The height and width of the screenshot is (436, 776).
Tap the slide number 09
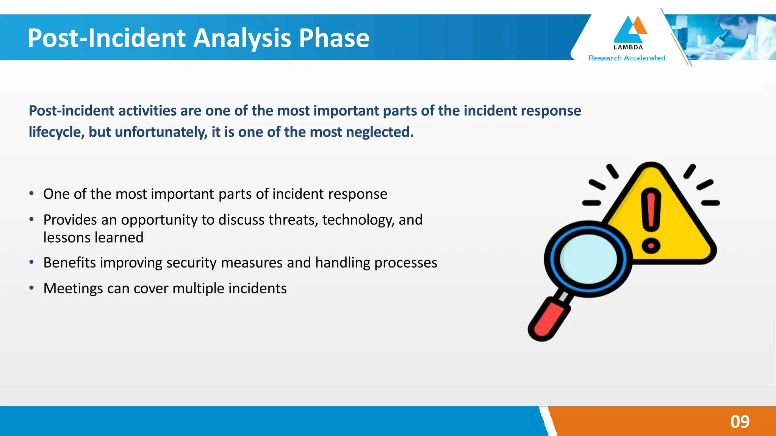[x=740, y=422]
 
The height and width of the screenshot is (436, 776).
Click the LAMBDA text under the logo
[x=628, y=47]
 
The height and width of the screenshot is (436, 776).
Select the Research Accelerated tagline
[x=626, y=58]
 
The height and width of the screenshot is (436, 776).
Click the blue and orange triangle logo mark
[x=629, y=30]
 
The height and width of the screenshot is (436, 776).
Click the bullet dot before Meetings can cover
[x=32, y=288]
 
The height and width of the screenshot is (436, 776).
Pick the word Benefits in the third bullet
[x=69, y=263]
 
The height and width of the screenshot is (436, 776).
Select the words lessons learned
[x=93, y=238]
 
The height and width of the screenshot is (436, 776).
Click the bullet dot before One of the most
[x=32, y=194]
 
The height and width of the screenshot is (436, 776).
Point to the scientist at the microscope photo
[x=731, y=37]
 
